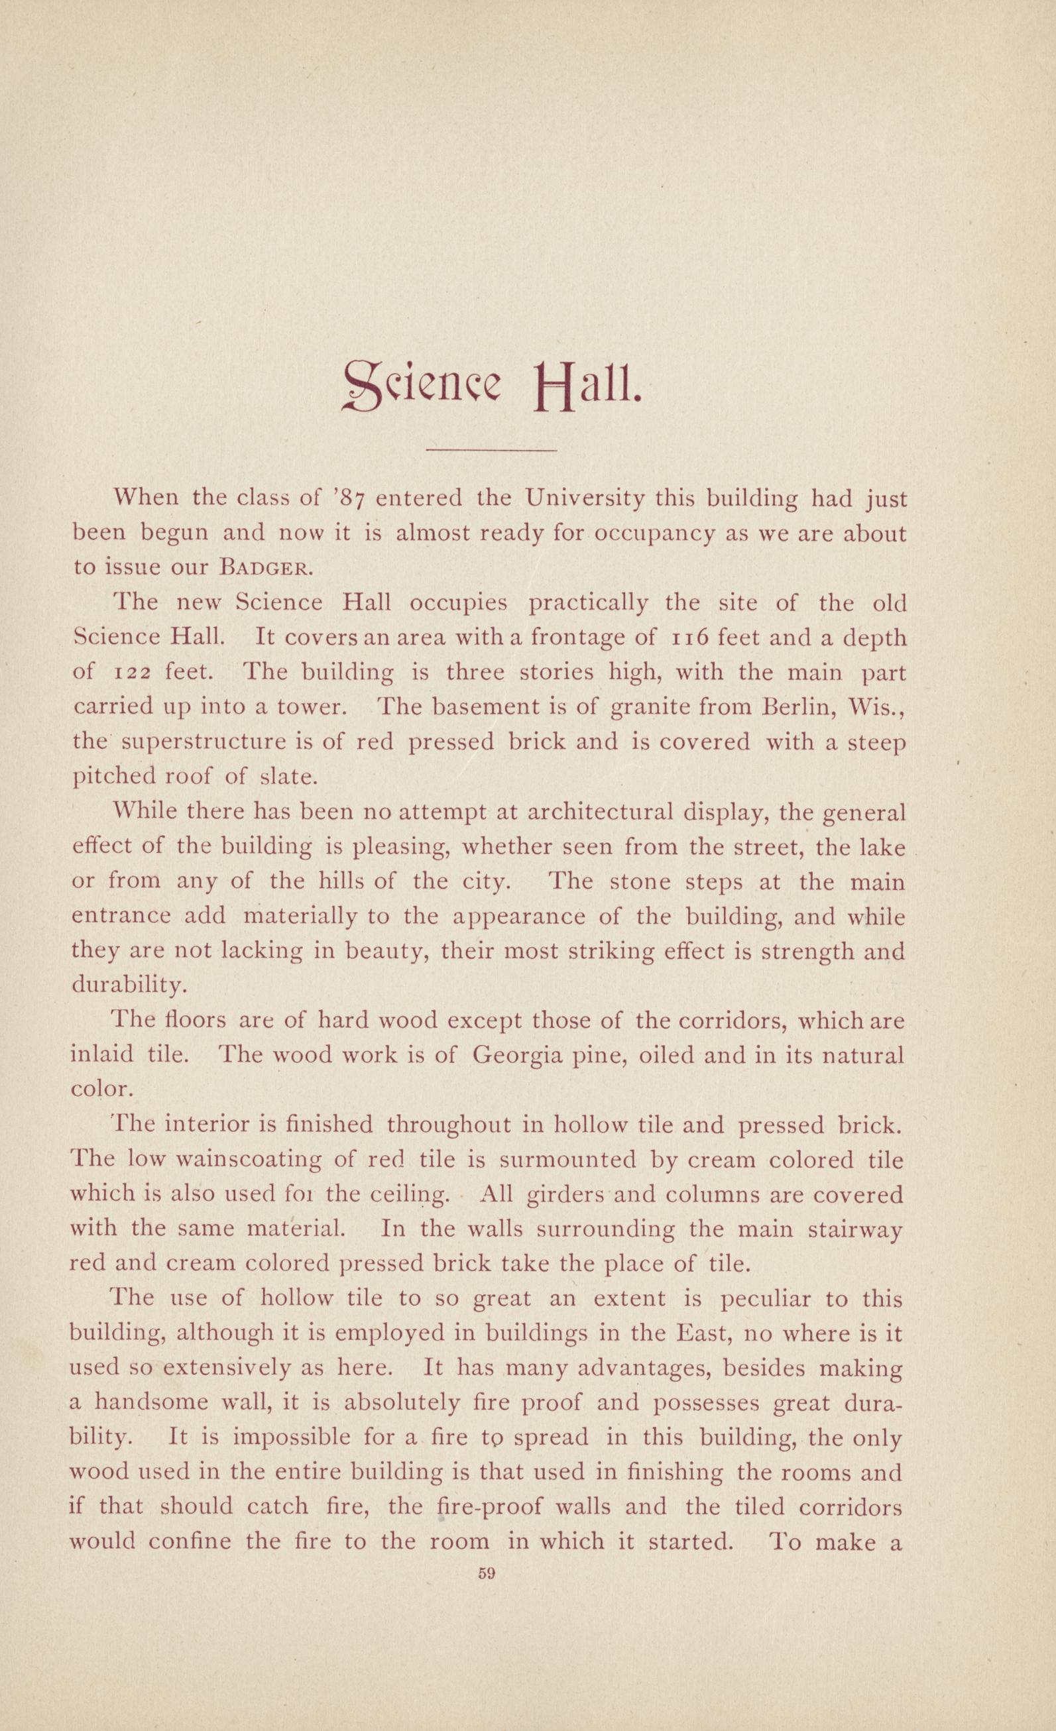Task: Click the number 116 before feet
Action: [694, 639]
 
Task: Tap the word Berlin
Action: [797, 707]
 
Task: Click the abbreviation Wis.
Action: [877, 707]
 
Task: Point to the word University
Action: [585, 500]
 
